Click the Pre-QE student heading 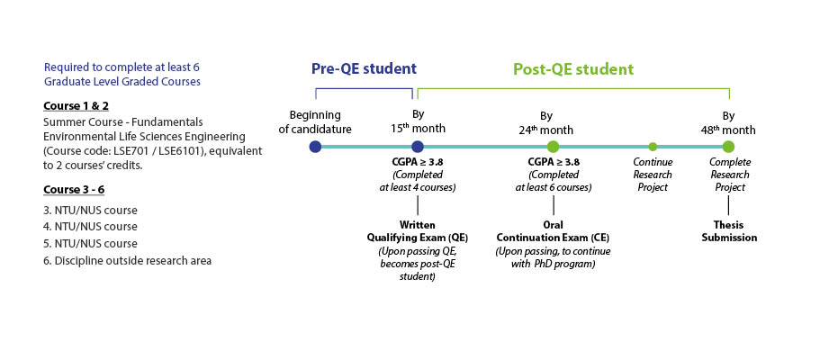364,69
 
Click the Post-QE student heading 573,69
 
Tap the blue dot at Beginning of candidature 315,147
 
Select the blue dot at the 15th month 417,147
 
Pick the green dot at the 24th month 554,147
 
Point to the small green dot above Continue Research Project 653,147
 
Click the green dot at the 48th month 728,147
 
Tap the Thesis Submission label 729,231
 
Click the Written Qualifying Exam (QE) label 418,231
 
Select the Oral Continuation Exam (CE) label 553,231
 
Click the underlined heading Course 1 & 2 76,105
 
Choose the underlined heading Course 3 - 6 77,189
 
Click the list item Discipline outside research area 127,260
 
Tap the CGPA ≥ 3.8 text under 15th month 417,162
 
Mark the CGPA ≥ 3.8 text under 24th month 554,162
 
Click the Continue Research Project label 653,175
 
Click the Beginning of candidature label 315,121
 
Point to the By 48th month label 728,123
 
